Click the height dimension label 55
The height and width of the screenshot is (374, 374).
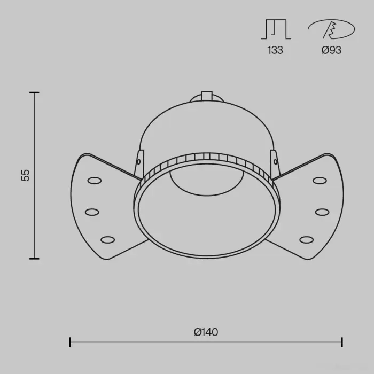point(26,175)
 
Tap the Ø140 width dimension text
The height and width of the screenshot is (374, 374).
point(206,332)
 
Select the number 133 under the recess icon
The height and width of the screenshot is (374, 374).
point(275,50)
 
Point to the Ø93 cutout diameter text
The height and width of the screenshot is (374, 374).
point(331,50)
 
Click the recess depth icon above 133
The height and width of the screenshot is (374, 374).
point(276,29)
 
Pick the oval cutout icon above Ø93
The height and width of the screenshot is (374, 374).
point(331,29)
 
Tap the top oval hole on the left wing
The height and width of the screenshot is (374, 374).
point(95,181)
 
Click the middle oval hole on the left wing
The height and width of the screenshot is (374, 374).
point(92,212)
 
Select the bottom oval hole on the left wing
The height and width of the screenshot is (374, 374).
point(107,240)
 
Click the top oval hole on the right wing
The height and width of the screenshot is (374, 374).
point(320,181)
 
